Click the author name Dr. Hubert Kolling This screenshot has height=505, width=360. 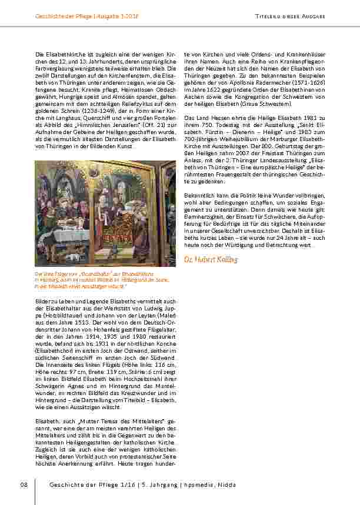[211, 259]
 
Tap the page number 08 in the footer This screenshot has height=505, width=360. [24, 484]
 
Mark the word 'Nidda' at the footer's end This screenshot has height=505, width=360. [224, 484]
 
